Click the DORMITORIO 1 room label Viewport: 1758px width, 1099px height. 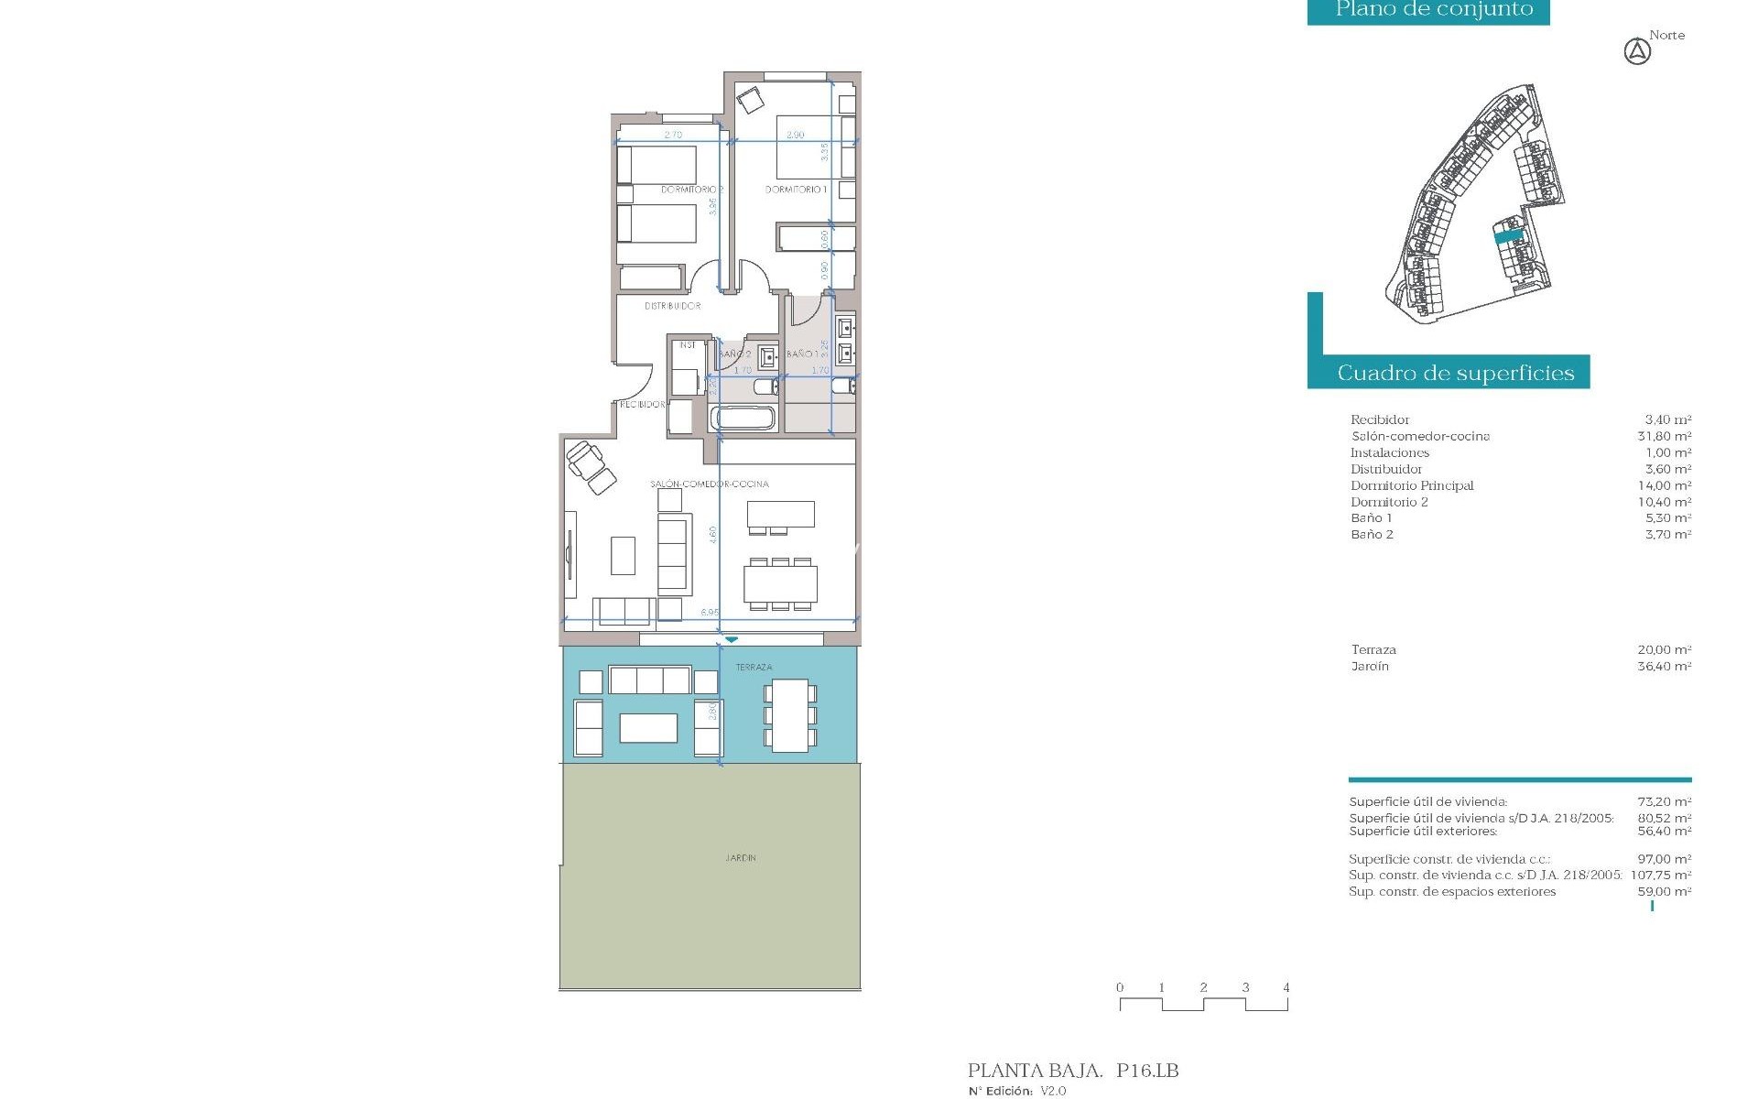(x=796, y=190)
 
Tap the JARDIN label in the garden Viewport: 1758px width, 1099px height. (x=741, y=858)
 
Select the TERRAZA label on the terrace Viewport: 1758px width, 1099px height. (x=754, y=668)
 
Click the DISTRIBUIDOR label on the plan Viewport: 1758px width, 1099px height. (x=672, y=306)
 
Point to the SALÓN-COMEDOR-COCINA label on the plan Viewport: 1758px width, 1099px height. (x=710, y=484)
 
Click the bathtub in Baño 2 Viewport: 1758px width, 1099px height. (x=744, y=419)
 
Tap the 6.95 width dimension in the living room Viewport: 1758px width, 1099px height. (x=709, y=612)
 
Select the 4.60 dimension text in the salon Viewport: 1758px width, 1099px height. (x=713, y=536)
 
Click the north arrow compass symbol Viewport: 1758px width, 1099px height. (x=1637, y=53)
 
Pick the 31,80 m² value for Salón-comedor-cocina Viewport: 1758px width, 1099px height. (x=1664, y=436)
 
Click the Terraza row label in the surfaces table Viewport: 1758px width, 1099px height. (x=1373, y=650)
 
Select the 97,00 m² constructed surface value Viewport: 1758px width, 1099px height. (x=1664, y=859)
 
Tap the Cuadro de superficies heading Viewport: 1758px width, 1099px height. (x=1455, y=374)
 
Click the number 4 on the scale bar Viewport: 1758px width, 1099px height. (x=1286, y=987)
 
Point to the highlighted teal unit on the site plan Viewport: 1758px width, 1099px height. (x=1508, y=236)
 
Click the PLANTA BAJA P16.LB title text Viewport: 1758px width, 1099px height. (x=1072, y=1071)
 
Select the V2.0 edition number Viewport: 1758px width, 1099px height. (x=1053, y=1091)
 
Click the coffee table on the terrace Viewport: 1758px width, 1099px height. (x=648, y=728)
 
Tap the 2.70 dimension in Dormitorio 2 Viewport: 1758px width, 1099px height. (x=673, y=135)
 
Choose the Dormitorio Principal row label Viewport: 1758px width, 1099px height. (x=1411, y=485)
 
